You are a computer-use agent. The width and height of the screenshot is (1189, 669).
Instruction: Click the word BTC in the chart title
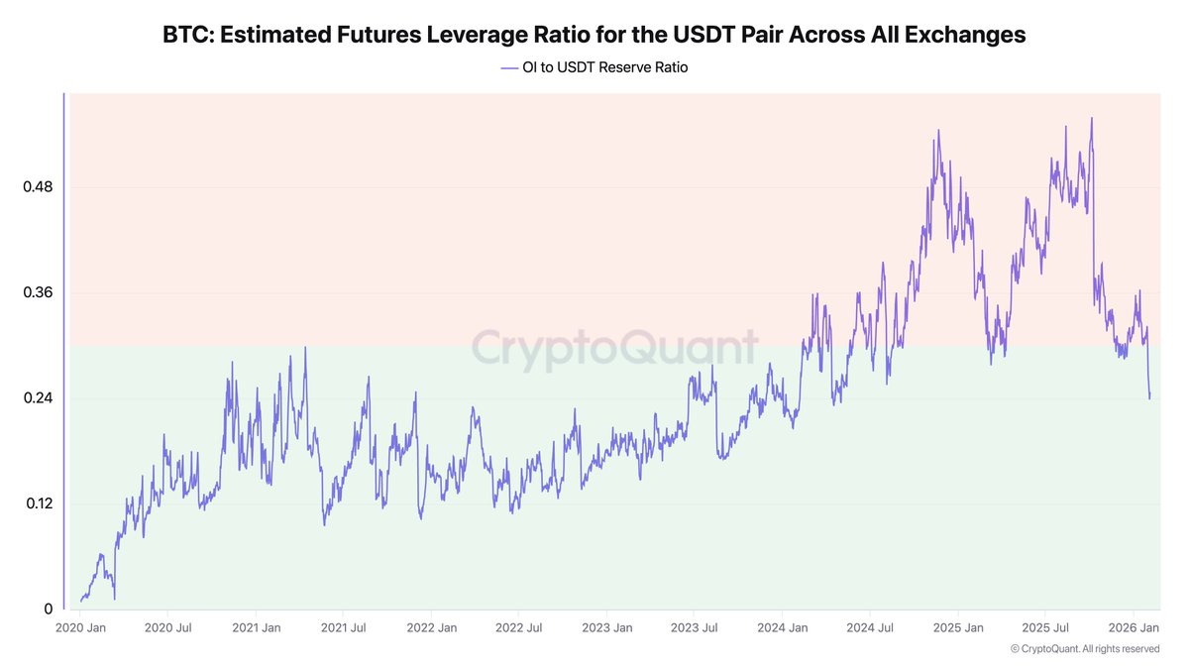coord(186,35)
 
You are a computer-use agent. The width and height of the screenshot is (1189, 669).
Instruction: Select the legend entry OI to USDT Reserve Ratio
coord(594,67)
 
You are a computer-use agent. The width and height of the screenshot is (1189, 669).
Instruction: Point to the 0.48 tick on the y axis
coord(38,187)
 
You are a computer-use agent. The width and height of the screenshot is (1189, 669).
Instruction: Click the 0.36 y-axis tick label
coord(38,292)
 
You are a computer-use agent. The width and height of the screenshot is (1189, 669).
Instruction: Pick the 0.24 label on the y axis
coord(38,397)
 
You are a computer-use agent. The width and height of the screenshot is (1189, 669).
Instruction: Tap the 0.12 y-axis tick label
coord(38,502)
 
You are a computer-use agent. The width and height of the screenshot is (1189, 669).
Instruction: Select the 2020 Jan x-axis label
coord(82,628)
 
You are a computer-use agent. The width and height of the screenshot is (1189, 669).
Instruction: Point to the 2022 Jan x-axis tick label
coord(432,628)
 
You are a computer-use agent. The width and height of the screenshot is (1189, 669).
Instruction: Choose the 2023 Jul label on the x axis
coord(695,628)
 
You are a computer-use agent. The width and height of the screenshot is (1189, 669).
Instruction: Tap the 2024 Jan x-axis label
coord(783,628)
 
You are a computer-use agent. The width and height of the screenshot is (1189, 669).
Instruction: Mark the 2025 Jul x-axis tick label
coord(1044,628)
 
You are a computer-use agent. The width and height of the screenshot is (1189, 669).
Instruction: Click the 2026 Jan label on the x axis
coord(1134,628)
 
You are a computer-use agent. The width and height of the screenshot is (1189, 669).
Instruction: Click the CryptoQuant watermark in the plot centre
coord(613,349)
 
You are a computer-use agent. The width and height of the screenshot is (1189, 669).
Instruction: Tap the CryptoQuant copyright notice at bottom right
coord(1084,649)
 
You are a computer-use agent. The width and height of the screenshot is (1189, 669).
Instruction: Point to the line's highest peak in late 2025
coord(1092,118)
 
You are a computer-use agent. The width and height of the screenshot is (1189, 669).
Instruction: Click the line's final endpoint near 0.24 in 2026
coord(1149,398)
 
